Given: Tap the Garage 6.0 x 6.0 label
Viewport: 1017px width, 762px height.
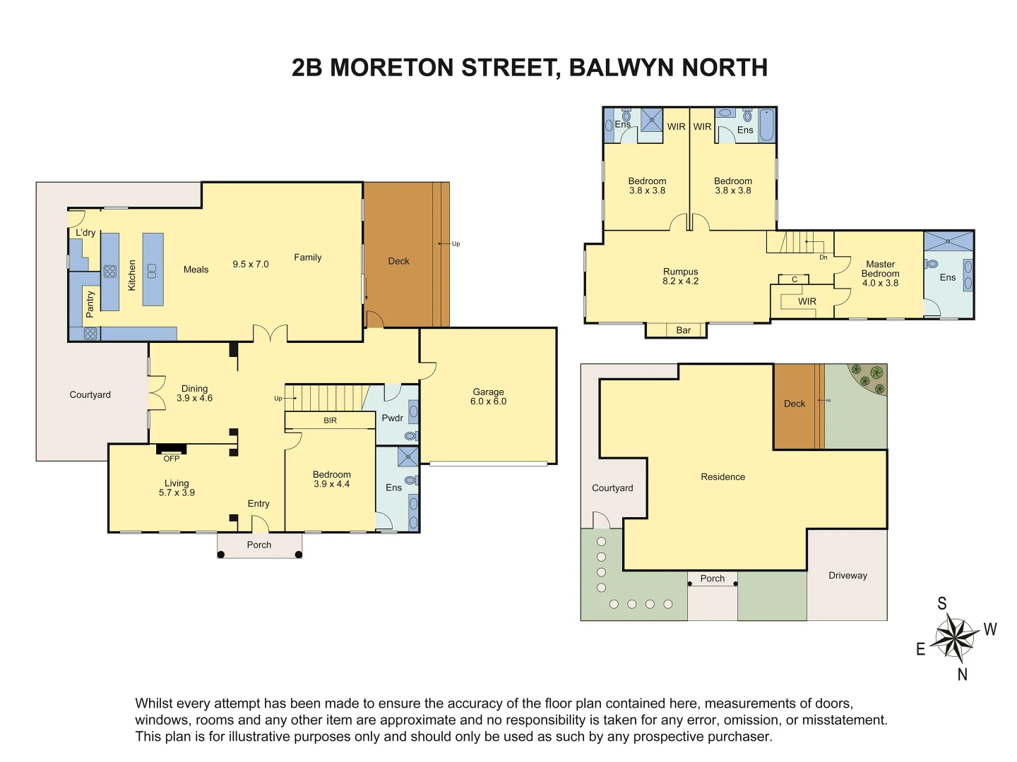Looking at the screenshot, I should (x=488, y=397).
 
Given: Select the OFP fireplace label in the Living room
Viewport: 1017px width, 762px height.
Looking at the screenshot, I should (x=172, y=459).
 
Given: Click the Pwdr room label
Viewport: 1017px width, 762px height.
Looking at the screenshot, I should (x=392, y=418).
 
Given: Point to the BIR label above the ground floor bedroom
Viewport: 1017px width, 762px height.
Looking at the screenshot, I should (x=330, y=421).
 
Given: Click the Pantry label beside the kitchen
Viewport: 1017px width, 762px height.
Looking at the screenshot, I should (x=90, y=304).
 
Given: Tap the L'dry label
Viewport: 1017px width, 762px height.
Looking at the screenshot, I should (x=85, y=232).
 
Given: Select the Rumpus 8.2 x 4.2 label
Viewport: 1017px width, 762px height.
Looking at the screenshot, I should (x=680, y=276).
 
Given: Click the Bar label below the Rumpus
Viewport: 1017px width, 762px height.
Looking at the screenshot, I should (x=683, y=330).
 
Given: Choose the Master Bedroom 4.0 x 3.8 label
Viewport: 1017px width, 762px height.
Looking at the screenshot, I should (x=880, y=274).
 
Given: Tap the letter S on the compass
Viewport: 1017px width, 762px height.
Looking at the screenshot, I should (x=941, y=603).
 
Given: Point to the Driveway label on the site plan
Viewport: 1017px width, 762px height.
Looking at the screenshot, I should (x=847, y=575).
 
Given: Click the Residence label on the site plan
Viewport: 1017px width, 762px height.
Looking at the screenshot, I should (x=722, y=477).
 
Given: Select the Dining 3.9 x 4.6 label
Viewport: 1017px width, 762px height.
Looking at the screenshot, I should (x=194, y=393).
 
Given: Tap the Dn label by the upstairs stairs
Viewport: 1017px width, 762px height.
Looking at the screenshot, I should (x=823, y=258).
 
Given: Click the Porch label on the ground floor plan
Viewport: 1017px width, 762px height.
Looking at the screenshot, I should (x=259, y=545).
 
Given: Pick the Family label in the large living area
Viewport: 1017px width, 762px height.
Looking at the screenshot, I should (x=307, y=258).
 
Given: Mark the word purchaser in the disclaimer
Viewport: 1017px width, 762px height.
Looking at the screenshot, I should (x=742, y=737).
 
